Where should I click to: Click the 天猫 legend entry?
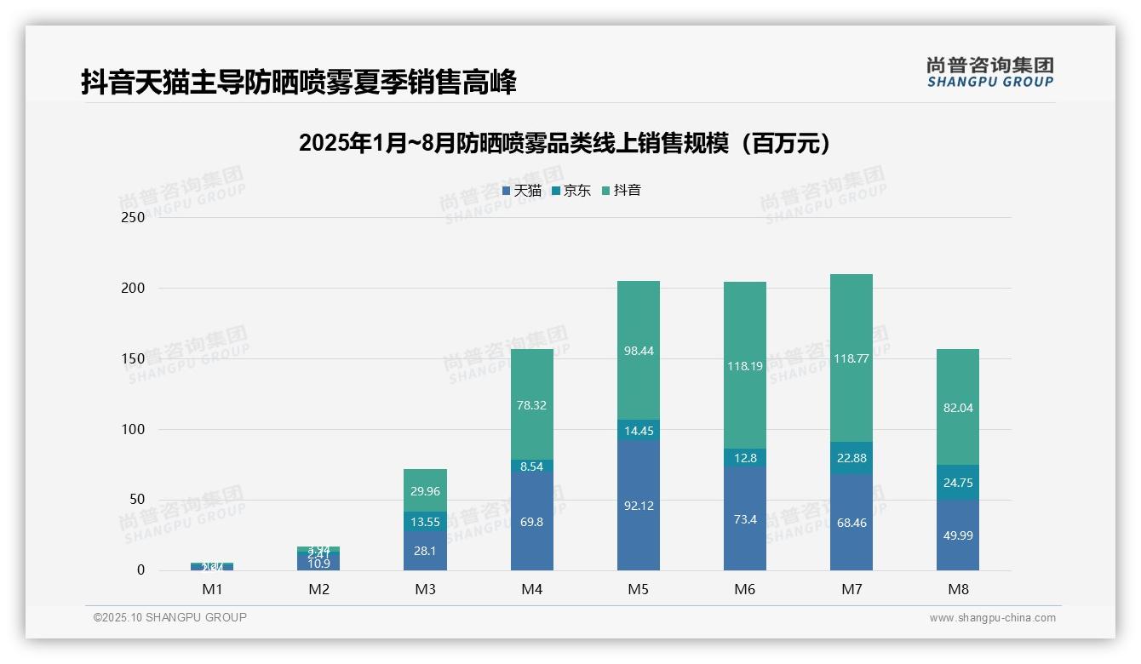[x=522, y=191]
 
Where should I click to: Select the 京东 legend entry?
[x=571, y=191]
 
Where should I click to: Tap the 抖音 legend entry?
[x=622, y=191]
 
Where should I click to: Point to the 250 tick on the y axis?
[x=134, y=217]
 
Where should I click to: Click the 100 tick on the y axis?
[x=134, y=429]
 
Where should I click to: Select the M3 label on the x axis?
[x=426, y=589]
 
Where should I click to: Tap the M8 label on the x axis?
[x=958, y=589]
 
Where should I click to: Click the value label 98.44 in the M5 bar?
[x=639, y=351]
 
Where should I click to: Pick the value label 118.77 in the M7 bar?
[x=851, y=358]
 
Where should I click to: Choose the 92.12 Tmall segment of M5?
[x=639, y=506]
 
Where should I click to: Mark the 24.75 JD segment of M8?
[x=958, y=483]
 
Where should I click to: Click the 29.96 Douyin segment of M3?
[x=426, y=490]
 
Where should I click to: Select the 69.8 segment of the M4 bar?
[x=532, y=521]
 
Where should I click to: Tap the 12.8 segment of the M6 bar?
[x=745, y=458]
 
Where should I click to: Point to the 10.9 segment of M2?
[x=319, y=563]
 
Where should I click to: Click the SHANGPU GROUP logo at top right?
[x=990, y=72]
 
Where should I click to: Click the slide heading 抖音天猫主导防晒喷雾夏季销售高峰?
[x=299, y=83]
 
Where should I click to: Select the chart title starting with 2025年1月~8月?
[x=565, y=143]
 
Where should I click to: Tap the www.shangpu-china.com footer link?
[x=992, y=618]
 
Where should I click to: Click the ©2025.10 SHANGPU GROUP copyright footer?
[x=170, y=617]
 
